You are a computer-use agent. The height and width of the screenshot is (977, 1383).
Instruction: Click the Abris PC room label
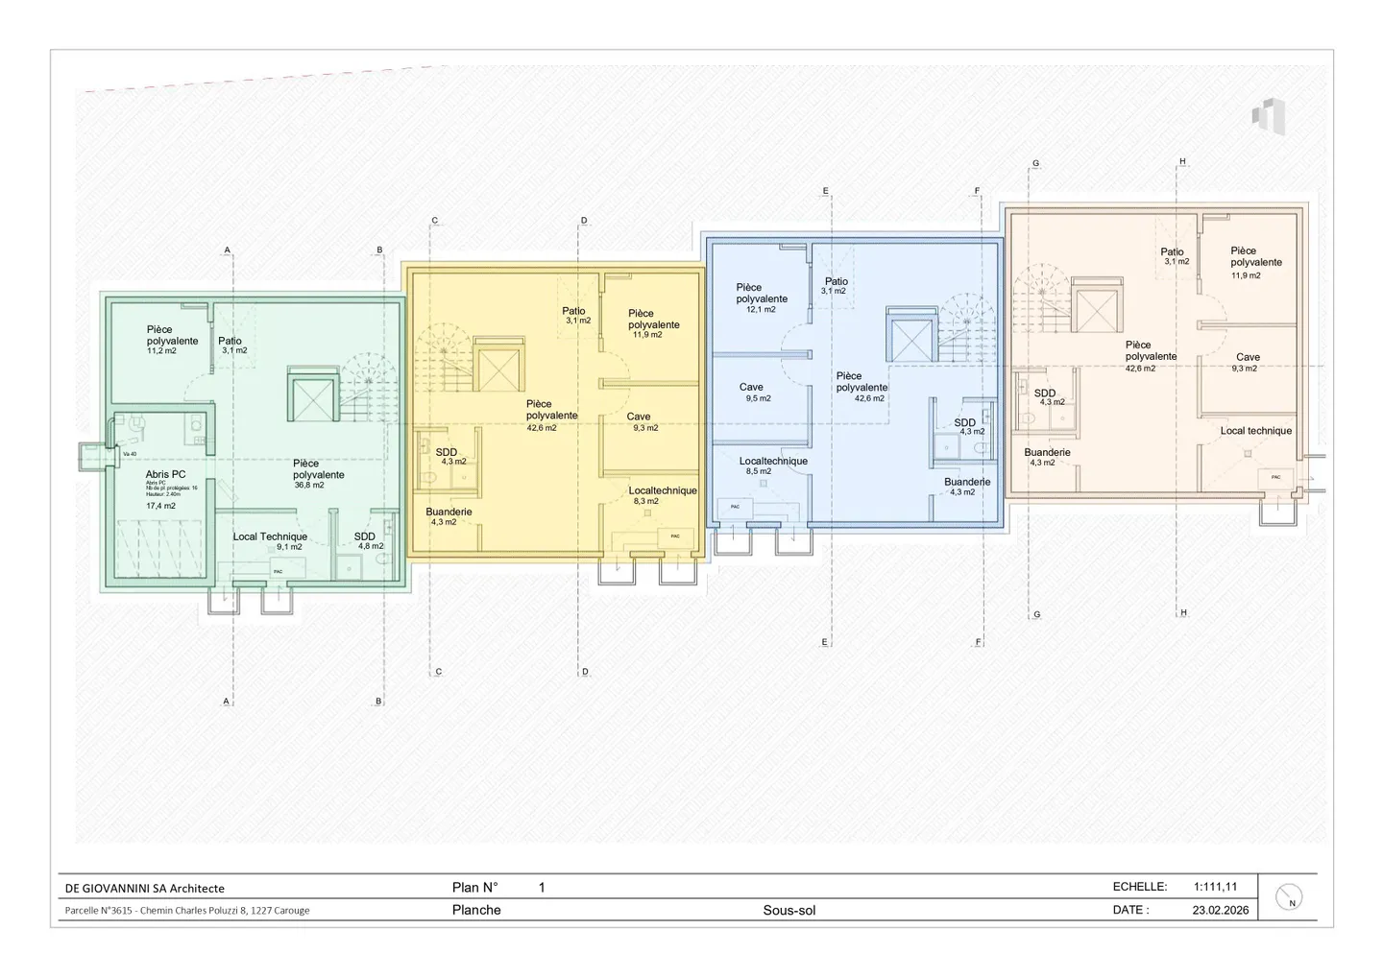(165, 474)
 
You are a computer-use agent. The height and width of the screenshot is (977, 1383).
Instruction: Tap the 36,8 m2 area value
(309, 486)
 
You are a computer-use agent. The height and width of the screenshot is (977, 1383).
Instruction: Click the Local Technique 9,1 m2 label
(270, 537)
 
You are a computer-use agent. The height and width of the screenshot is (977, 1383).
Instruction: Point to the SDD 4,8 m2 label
(365, 537)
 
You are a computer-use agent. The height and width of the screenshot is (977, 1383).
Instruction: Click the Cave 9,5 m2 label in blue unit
(752, 388)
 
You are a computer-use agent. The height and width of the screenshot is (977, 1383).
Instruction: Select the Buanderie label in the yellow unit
(449, 512)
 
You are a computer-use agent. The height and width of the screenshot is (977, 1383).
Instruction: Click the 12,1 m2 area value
(761, 310)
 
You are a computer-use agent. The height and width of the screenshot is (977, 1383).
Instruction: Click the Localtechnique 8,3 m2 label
(662, 491)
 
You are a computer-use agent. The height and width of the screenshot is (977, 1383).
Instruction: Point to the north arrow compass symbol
(1289, 897)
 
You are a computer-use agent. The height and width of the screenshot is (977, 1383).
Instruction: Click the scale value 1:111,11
(1215, 887)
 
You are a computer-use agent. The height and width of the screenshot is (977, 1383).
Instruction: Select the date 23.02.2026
(1220, 910)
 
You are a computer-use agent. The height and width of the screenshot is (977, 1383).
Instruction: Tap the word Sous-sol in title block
(789, 910)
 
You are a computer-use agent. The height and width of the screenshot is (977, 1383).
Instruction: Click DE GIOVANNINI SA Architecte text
(144, 889)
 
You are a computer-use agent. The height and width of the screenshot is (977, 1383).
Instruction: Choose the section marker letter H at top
(1182, 161)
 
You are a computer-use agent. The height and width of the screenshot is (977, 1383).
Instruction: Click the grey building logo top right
(1268, 116)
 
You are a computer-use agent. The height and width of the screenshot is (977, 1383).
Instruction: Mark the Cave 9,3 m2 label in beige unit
(1248, 357)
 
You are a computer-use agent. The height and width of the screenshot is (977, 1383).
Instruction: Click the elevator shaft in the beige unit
(1097, 310)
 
